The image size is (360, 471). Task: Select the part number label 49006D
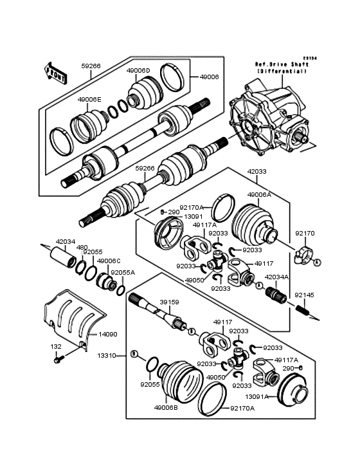click(138, 70)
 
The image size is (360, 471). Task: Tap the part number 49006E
click(89, 100)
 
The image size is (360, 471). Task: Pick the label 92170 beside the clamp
click(303, 234)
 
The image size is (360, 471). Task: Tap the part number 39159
click(168, 300)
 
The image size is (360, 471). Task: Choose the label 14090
click(107, 335)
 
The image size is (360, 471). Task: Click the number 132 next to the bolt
click(57, 346)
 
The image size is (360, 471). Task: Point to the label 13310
click(107, 355)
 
